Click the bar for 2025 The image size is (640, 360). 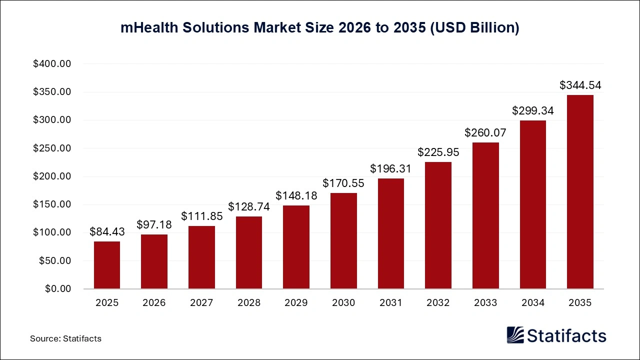tap(107, 265)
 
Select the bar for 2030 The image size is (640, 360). tap(343, 241)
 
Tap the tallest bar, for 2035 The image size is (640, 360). tap(580, 192)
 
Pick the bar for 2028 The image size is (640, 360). tap(249, 252)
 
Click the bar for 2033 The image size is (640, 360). tap(485, 215)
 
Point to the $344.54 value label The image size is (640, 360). tap(580, 85)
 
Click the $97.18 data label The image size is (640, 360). tap(154, 224)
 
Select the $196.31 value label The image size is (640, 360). tap(390, 169)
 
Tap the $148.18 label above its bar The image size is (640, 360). tap(296, 195)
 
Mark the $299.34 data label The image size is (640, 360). tap(532, 111)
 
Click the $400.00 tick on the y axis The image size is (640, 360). tap(52, 64)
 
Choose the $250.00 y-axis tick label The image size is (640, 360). tap(52, 148)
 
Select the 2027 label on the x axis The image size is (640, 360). tap(201, 303)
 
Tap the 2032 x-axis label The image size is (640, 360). tap(438, 303)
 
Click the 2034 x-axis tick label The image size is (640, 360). tap(532, 303)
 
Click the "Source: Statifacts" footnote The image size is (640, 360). tap(65, 338)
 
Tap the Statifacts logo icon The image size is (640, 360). tap(515, 335)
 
